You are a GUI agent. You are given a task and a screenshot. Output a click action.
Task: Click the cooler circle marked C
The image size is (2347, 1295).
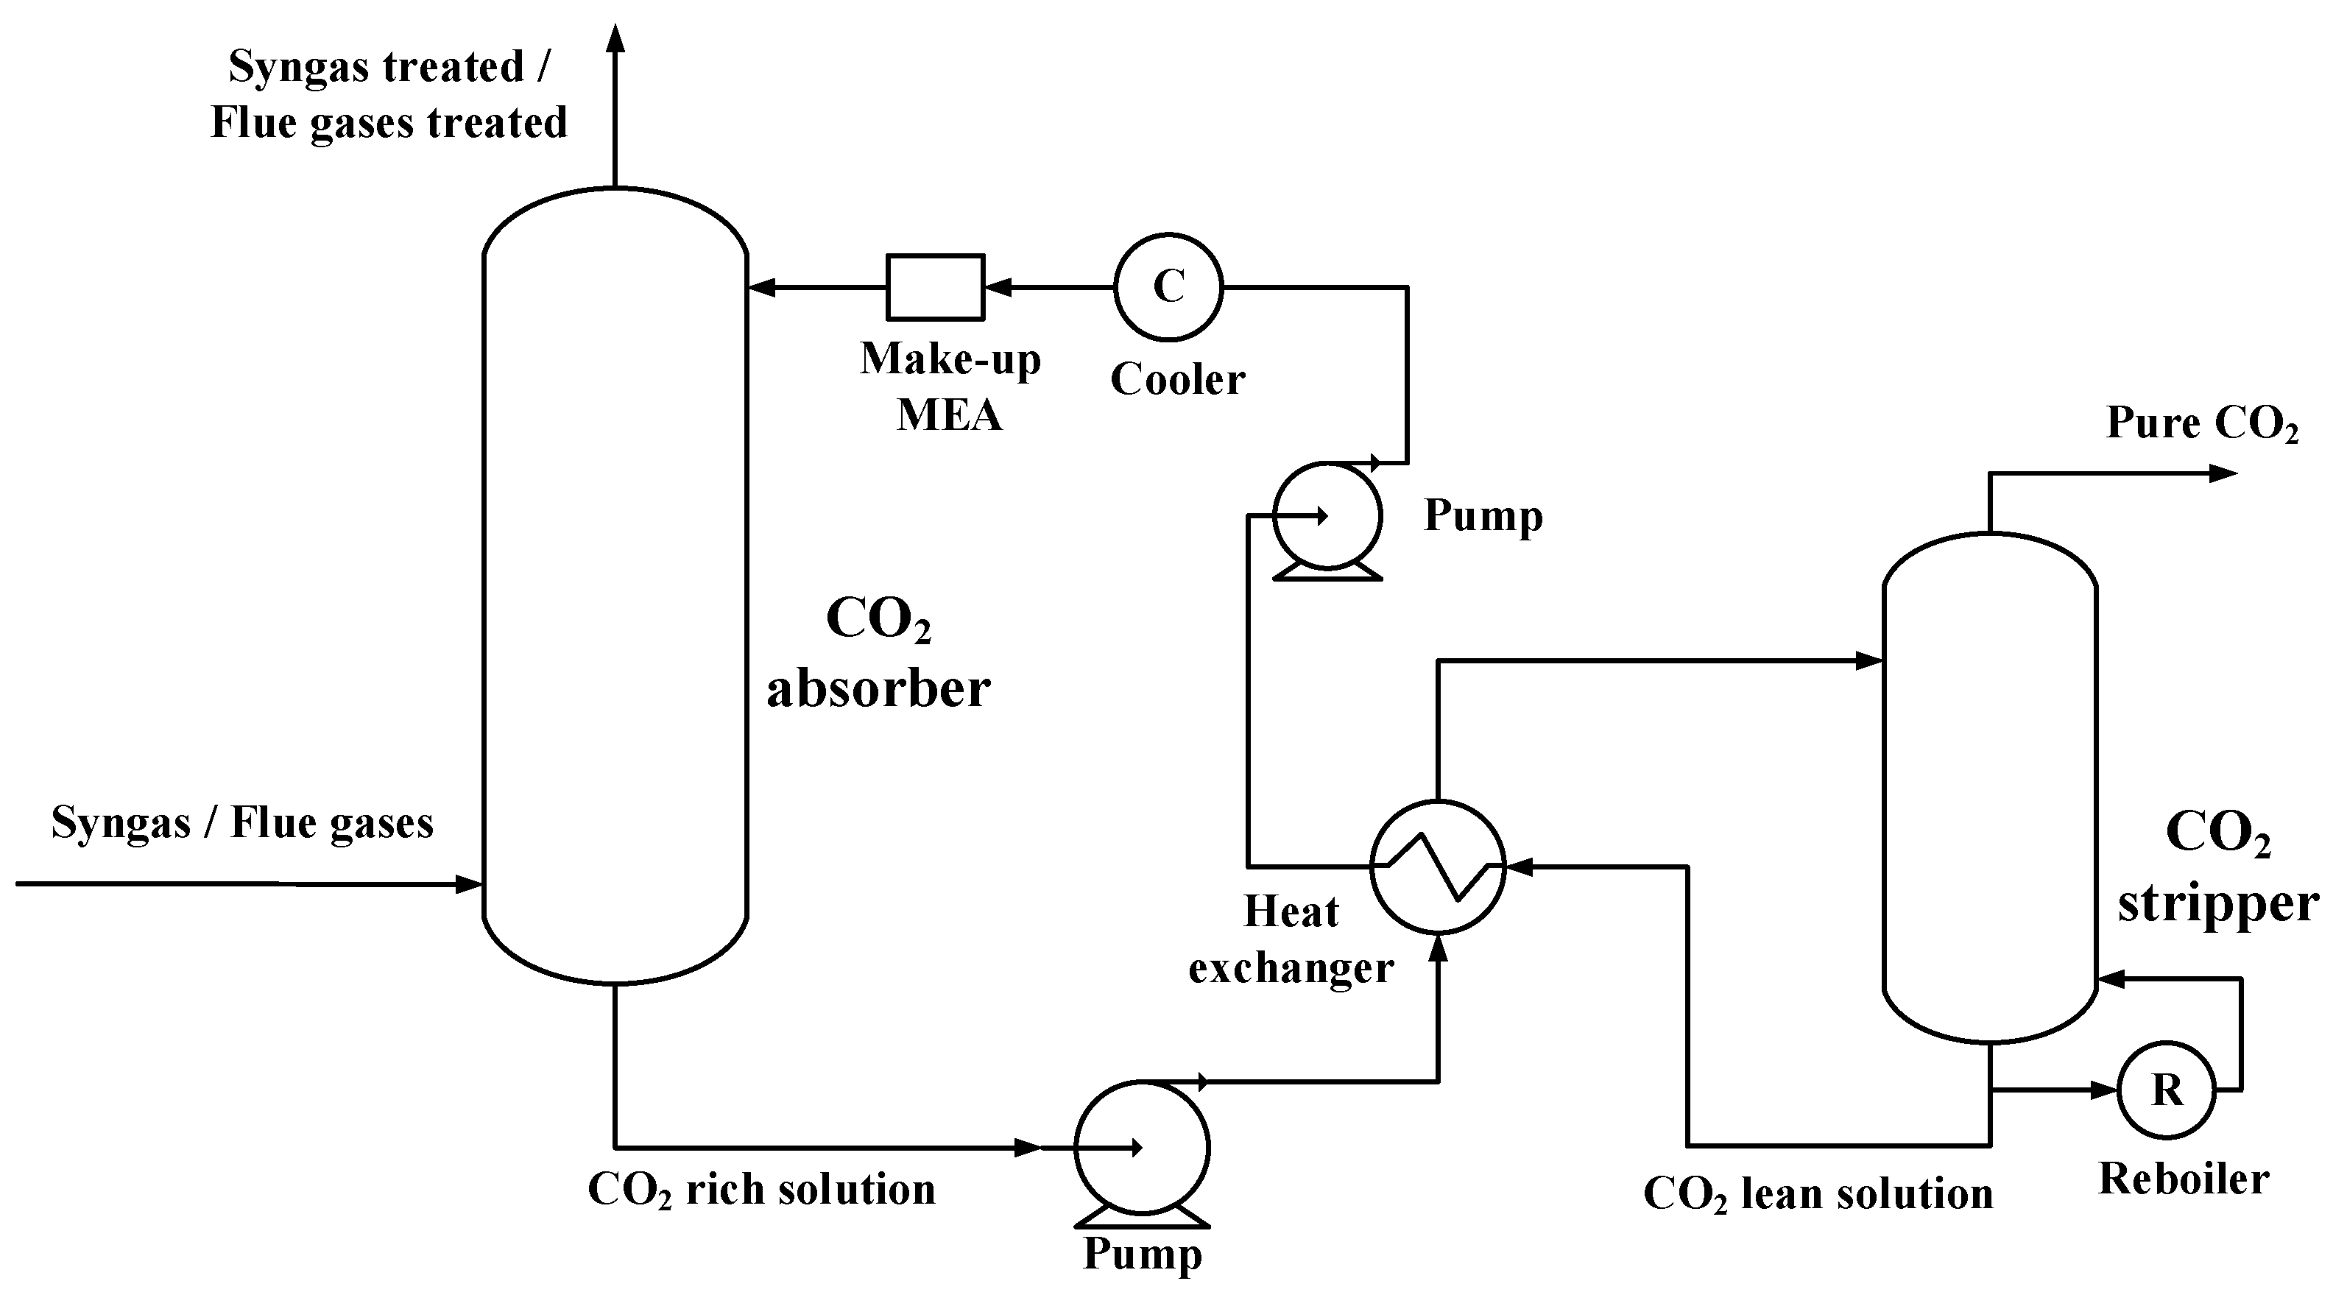coord(1168,287)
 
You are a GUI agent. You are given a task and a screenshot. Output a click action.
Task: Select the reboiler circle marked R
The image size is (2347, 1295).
coord(2166,1090)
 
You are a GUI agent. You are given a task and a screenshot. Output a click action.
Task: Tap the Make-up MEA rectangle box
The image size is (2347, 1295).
coord(936,287)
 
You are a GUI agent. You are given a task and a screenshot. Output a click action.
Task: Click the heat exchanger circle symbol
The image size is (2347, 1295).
coord(1438,867)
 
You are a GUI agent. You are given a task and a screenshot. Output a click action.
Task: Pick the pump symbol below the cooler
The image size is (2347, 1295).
coord(1327,518)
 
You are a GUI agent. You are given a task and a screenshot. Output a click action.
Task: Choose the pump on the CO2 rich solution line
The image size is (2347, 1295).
coord(1142,1148)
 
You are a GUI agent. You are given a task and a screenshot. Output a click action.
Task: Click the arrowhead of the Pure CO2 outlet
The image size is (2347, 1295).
coord(2224,474)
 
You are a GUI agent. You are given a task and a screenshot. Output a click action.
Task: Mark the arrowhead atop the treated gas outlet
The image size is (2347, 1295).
coord(617,38)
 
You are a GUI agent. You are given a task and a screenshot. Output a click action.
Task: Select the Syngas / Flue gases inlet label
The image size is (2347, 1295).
coord(241,822)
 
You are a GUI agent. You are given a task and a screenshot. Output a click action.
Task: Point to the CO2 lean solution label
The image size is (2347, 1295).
coord(1818,1194)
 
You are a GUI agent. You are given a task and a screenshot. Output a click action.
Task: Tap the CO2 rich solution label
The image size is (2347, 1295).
coord(762,1189)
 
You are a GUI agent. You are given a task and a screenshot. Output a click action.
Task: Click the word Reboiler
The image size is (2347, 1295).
coord(2183,1179)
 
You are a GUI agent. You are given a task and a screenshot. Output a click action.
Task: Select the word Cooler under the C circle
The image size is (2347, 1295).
coord(1177,379)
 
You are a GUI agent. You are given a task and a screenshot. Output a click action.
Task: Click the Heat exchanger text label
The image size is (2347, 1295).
coord(1291,939)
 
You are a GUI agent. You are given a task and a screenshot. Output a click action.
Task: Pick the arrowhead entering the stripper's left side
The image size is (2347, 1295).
coord(1870,660)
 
